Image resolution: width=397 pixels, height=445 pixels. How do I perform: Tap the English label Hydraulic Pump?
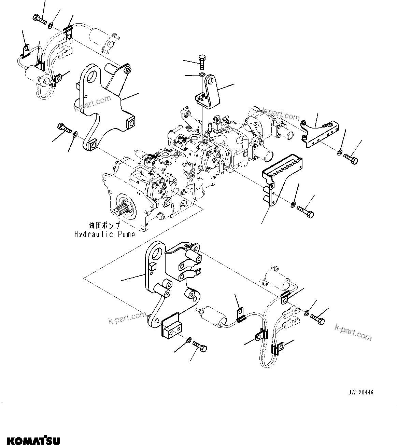(x=104, y=234)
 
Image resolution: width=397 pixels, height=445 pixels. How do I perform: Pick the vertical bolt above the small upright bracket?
(x=201, y=62)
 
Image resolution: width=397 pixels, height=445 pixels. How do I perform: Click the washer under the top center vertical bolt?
(x=202, y=75)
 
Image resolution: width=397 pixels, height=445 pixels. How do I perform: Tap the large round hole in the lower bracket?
(x=158, y=254)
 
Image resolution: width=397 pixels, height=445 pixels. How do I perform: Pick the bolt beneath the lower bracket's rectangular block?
(x=200, y=346)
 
